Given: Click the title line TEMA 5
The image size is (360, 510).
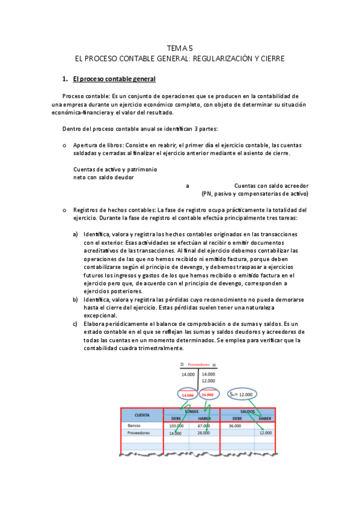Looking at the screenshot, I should coord(180,49).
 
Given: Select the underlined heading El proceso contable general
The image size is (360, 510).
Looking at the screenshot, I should coord(114,79).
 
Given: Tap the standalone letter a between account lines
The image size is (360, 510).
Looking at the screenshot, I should coord(187,186).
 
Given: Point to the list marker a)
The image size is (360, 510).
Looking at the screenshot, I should coord(76,233).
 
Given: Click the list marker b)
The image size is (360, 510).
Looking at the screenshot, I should coord(76,299).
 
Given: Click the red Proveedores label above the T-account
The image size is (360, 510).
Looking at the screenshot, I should coord(199,365).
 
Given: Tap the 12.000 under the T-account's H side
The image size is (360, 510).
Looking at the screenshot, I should coord(209,381).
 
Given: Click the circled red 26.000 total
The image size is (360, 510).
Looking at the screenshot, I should coord(209,395).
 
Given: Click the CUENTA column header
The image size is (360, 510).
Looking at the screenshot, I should coord(142,415).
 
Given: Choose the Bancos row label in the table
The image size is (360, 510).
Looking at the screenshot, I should coord(134,425).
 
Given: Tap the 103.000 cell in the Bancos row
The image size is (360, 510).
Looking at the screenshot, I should coord(176,425).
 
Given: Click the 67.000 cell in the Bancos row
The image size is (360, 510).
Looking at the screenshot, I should coord(203,425).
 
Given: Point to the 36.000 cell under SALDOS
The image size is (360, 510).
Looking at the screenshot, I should coord(234,425).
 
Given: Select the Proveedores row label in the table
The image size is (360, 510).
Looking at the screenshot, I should coord(139,433).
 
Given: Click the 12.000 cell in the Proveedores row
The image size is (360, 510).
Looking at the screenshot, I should coord(266,433).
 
